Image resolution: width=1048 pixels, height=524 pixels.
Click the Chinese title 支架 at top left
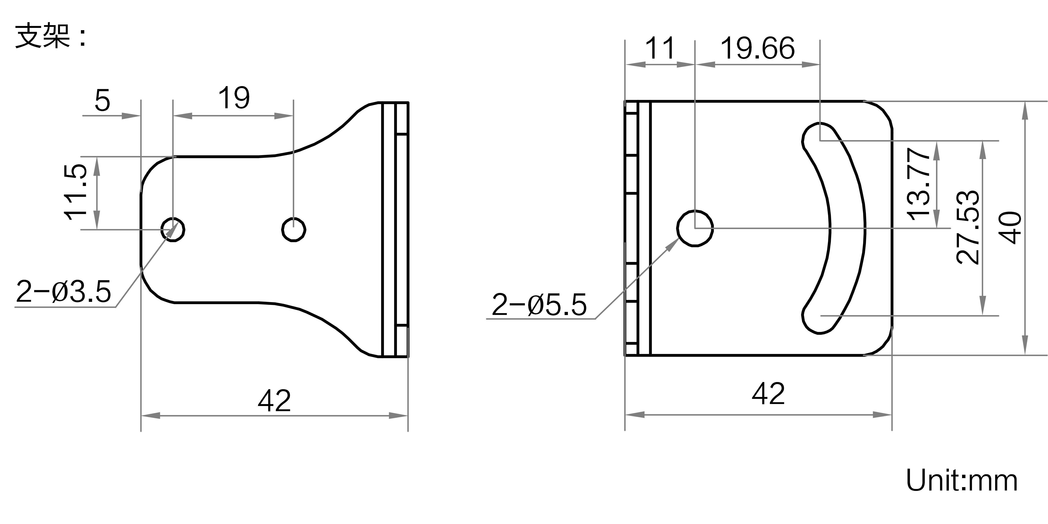pos(43,37)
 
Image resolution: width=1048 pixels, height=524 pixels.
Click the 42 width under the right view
pos(768,394)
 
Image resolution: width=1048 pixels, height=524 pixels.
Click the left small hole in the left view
pos(173,230)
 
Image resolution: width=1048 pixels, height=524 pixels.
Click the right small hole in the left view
pos(294,230)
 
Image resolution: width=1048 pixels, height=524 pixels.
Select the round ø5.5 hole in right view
pos(695,228)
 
